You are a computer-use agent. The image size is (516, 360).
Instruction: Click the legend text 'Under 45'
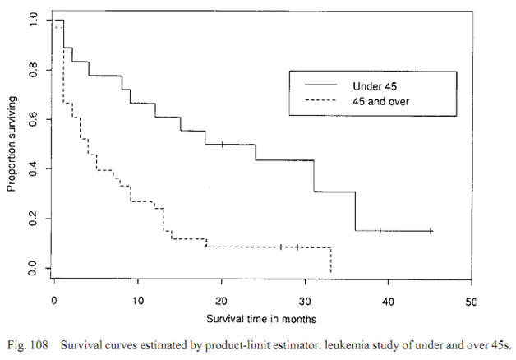click(x=383, y=85)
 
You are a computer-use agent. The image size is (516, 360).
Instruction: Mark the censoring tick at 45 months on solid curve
click(x=431, y=231)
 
